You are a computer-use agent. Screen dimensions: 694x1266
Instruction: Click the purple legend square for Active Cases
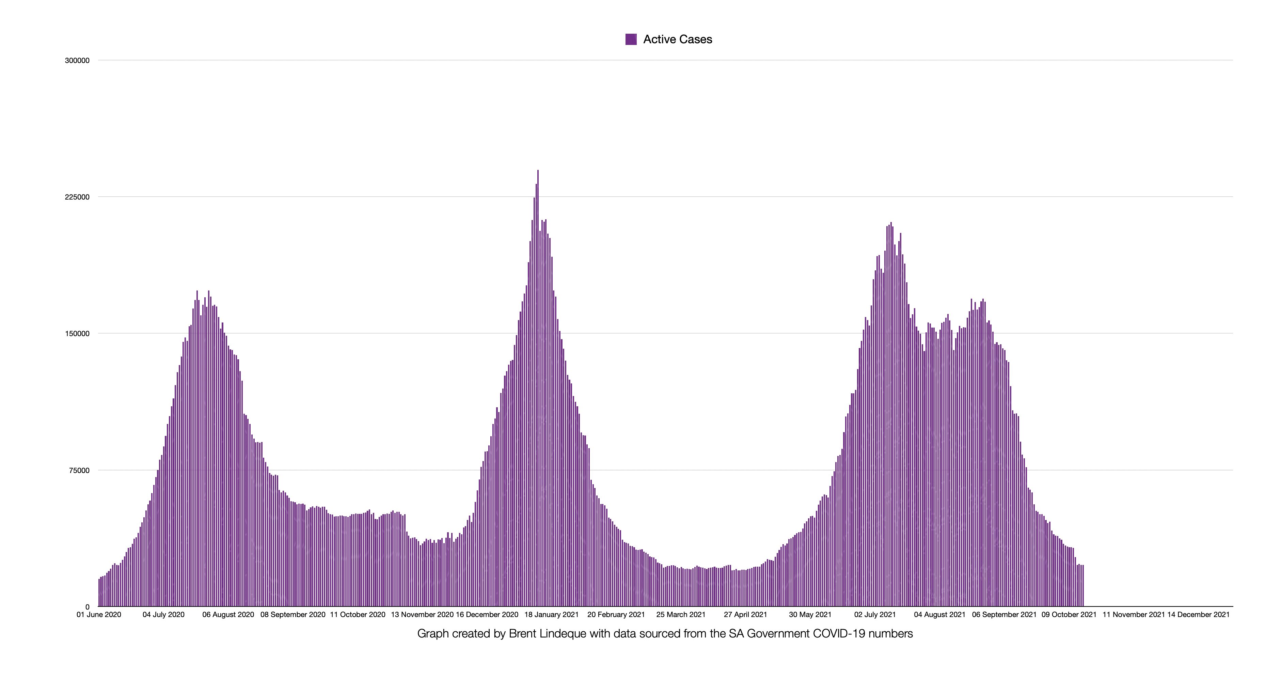[631, 39]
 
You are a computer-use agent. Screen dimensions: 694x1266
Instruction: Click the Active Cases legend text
[677, 39]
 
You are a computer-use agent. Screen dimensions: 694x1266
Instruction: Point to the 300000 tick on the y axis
[77, 61]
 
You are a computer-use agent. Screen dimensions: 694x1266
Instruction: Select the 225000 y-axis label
[77, 197]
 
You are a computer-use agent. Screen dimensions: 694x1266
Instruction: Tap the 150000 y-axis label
[77, 334]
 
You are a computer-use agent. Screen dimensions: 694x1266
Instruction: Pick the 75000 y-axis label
[79, 470]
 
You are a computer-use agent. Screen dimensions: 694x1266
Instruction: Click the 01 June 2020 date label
[99, 614]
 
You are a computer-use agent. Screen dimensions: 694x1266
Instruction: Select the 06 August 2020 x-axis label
[228, 614]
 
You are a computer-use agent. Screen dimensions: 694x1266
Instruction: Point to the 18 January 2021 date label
[551, 614]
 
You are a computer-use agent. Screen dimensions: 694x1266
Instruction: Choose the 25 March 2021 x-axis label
[681, 614]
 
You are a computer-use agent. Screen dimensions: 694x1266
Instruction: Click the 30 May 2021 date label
[810, 614]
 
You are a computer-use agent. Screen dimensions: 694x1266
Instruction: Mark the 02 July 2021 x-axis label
[875, 614]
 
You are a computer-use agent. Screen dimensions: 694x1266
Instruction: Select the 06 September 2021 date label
[1004, 614]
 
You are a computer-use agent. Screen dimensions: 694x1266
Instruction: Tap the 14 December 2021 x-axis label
[1198, 614]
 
